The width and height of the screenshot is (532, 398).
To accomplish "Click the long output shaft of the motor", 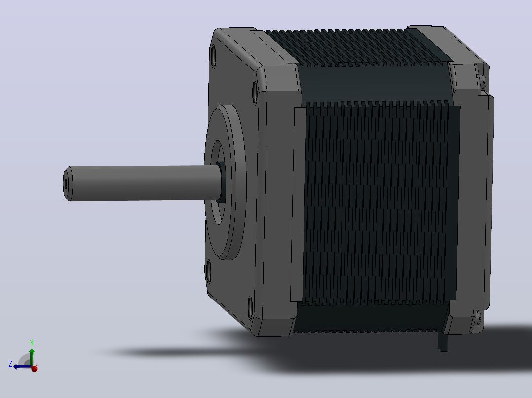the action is [x=143, y=183].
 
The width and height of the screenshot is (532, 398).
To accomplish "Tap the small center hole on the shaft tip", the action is [x=66, y=184].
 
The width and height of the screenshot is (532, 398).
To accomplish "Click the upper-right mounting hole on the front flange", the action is [x=255, y=93].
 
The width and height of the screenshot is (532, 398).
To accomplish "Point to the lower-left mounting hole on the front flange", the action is [x=208, y=271].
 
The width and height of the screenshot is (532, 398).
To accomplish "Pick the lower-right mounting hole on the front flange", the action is [x=250, y=307].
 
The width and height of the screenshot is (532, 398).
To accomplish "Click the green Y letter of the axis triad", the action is [x=31, y=343].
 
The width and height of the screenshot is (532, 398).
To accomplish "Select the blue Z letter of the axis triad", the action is [x=10, y=364].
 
